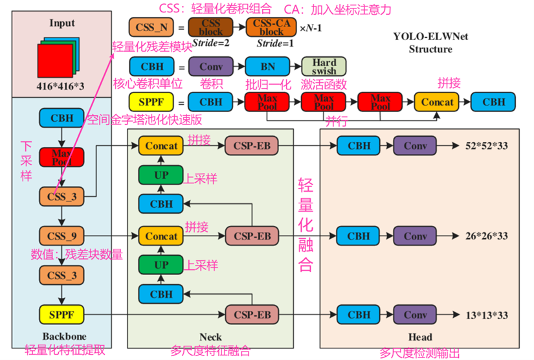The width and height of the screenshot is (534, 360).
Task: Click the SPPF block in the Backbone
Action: coord(61,315)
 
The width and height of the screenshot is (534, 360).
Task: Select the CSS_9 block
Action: coord(61,235)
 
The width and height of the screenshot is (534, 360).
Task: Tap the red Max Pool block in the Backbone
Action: coord(61,157)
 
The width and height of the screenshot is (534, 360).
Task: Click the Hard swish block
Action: coord(324,66)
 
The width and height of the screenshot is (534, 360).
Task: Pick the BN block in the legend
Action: coord(267,66)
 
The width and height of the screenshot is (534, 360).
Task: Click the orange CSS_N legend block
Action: coord(151,27)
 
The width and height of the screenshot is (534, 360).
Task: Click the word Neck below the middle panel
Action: coord(210,337)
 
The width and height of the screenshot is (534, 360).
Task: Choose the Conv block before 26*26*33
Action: coord(415,236)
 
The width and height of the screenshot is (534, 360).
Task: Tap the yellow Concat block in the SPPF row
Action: coord(437,102)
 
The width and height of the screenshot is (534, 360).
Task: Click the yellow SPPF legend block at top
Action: coord(151,102)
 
